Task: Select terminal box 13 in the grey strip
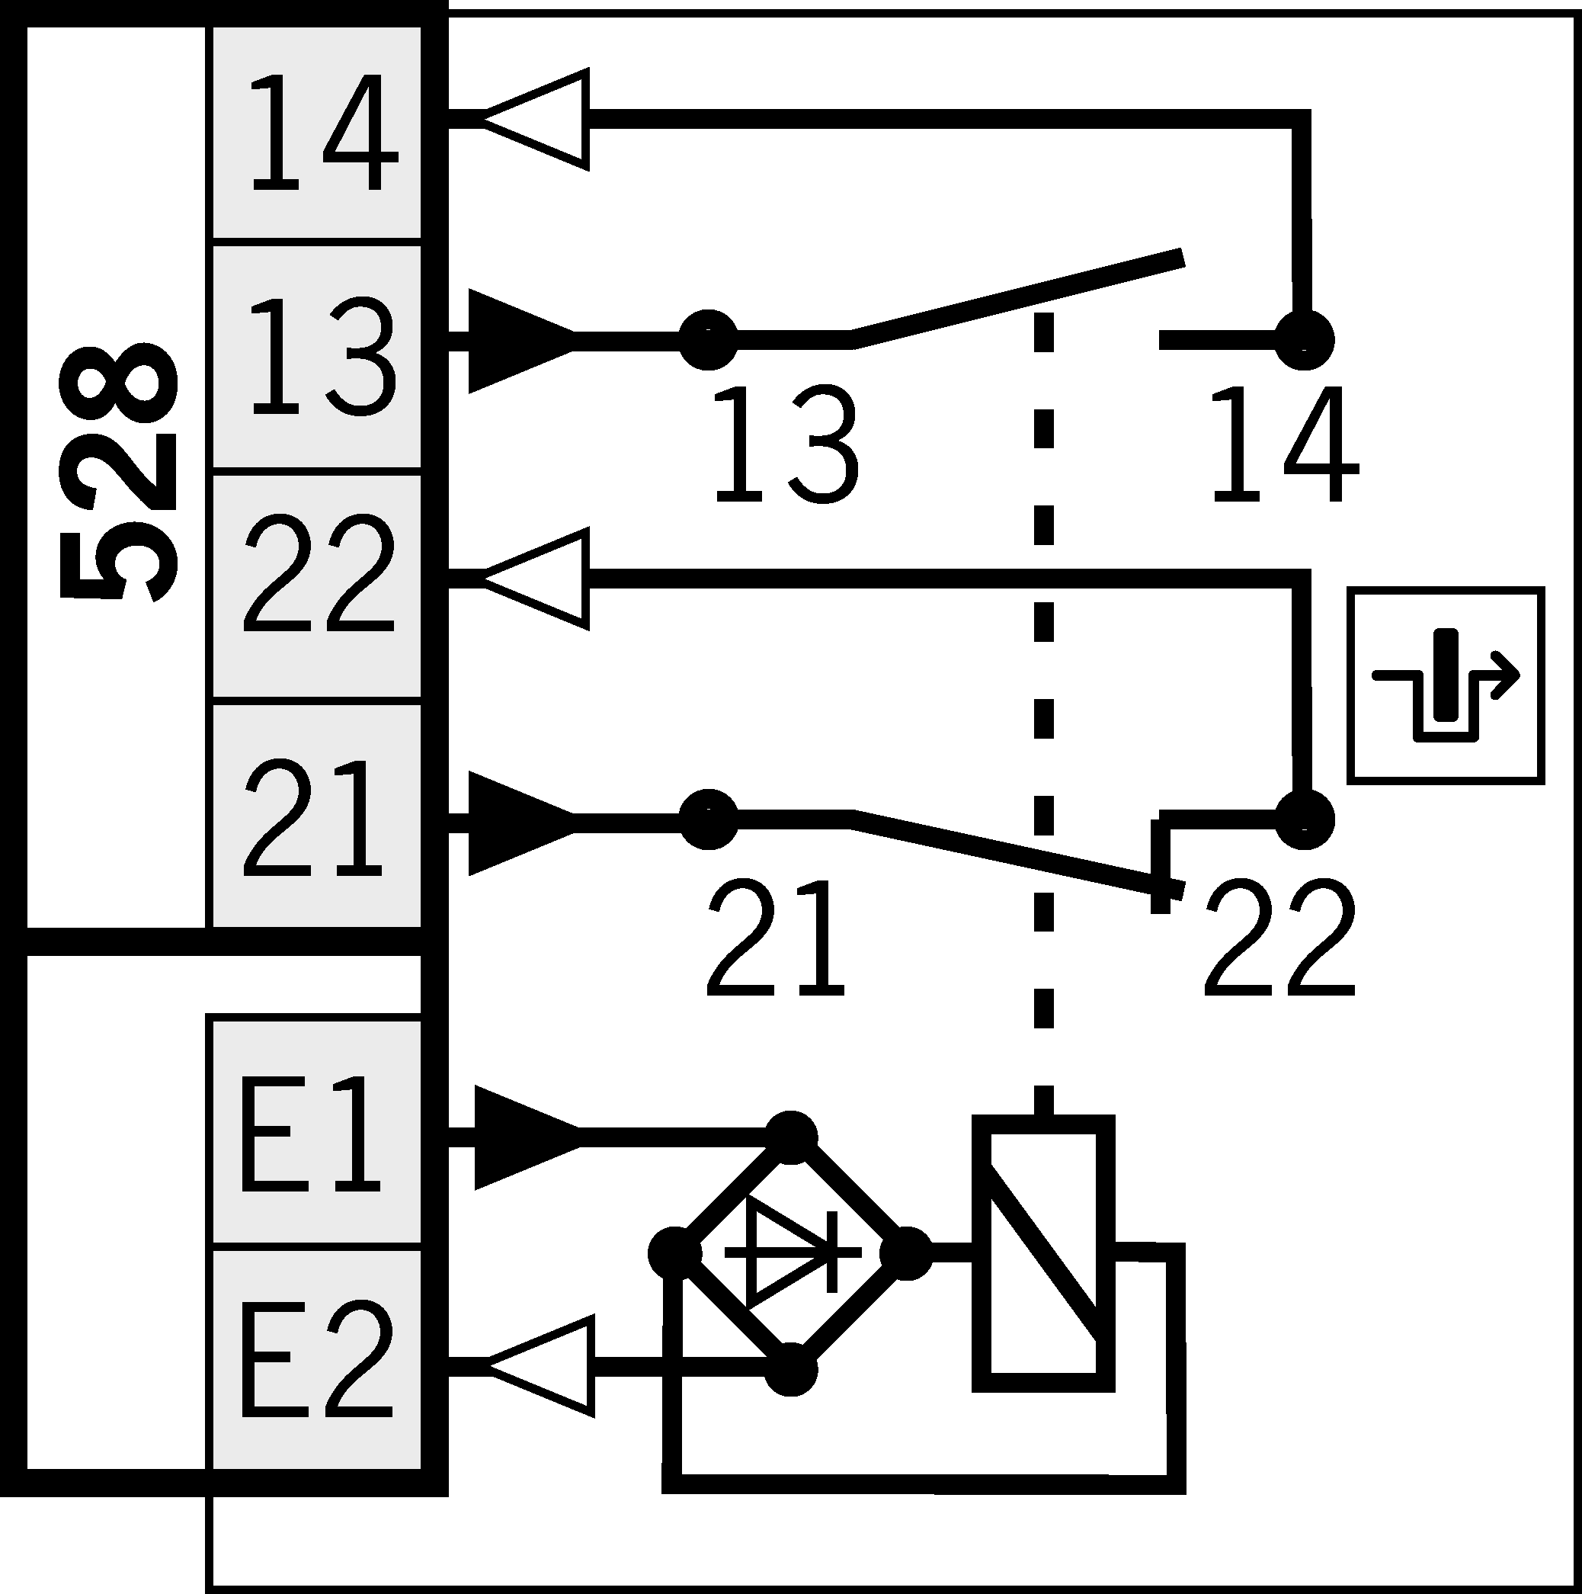click(318, 357)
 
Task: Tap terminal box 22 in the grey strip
click(318, 585)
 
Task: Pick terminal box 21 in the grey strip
click(318, 815)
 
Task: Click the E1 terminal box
click(318, 1132)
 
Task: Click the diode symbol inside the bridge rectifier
click(792, 1252)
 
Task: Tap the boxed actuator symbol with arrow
click(1445, 685)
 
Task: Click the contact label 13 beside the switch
click(785, 445)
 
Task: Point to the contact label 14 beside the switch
click(1283, 445)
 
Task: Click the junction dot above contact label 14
click(1304, 340)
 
